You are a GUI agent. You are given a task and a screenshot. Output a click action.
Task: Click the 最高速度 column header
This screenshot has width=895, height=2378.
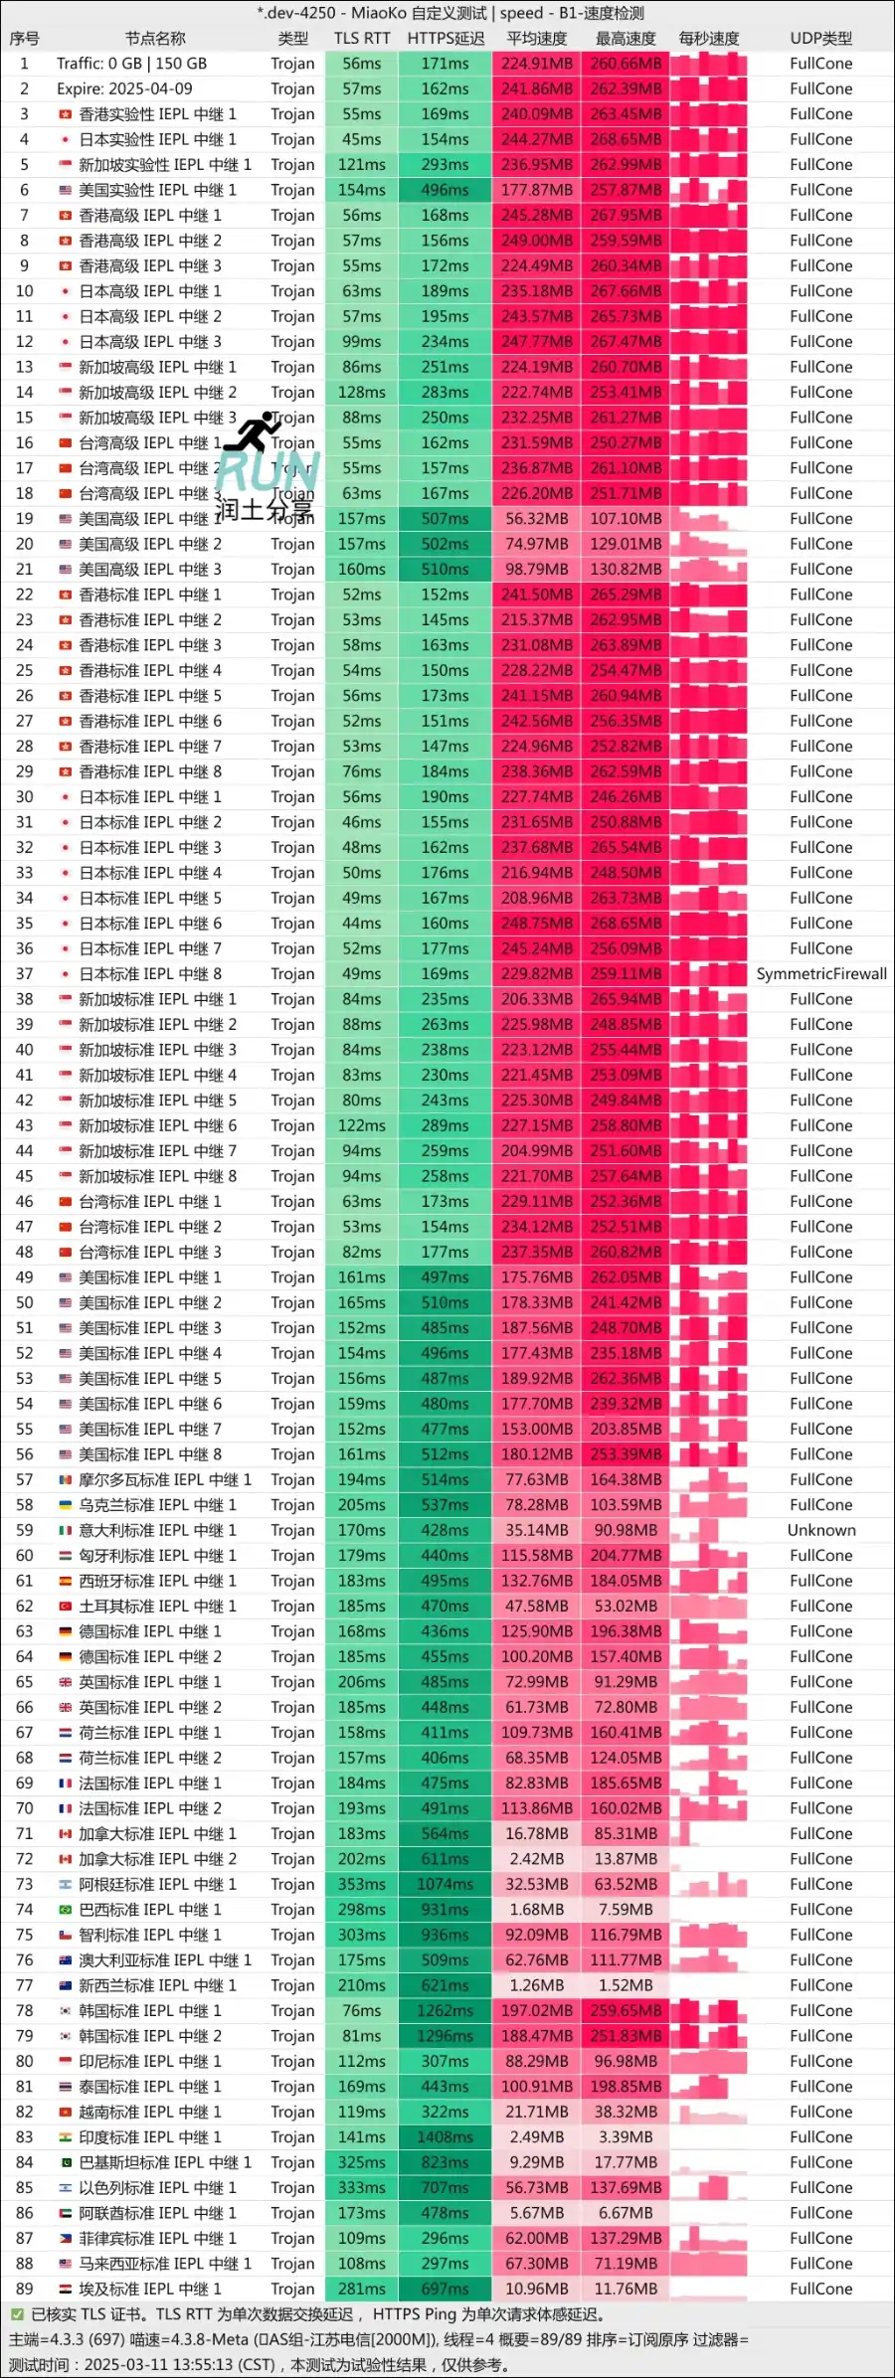[x=626, y=39]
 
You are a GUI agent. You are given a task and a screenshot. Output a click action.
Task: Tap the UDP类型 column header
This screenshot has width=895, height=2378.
[x=820, y=39]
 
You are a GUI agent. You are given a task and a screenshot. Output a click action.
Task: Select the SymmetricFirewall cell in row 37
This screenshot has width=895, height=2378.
[x=821, y=974]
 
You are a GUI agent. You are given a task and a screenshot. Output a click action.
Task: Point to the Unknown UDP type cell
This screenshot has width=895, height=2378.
[x=821, y=1530]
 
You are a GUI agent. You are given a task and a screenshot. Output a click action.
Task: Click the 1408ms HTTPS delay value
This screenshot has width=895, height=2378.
[x=445, y=2137]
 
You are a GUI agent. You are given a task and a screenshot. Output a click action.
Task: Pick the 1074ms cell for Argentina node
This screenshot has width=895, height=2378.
[x=445, y=1884]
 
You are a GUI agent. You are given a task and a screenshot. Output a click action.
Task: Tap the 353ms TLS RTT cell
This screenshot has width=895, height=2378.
[x=362, y=1884]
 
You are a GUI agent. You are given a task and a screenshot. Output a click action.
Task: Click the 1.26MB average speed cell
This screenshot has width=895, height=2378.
[x=537, y=1985]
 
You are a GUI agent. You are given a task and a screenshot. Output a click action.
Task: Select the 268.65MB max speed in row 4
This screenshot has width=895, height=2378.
[x=626, y=139]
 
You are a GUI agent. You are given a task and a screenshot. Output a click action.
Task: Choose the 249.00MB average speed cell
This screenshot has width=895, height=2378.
[x=537, y=241]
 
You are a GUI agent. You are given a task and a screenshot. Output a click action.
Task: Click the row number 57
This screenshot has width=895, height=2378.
[x=25, y=1479]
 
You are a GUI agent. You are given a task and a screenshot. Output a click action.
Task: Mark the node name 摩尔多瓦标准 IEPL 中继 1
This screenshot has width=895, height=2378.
[x=165, y=1479]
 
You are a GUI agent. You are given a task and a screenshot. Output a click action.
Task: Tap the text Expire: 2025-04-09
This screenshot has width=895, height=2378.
[x=124, y=88]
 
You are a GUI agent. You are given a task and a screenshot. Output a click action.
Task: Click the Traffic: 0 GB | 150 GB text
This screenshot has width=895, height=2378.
[x=131, y=64]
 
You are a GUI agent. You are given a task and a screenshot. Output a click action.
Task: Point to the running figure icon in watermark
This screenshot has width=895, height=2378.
[x=253, y=431]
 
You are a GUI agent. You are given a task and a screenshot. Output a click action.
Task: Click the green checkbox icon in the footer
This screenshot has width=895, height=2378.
[x=17, y=2314]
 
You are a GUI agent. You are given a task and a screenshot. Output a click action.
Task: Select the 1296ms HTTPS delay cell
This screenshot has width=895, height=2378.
[x=445, y=2036]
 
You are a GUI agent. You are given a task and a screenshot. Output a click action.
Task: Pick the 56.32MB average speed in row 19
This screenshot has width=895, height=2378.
[x=537, y=519]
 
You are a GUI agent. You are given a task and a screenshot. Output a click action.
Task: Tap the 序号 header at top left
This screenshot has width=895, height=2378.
[x=25, y=39]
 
